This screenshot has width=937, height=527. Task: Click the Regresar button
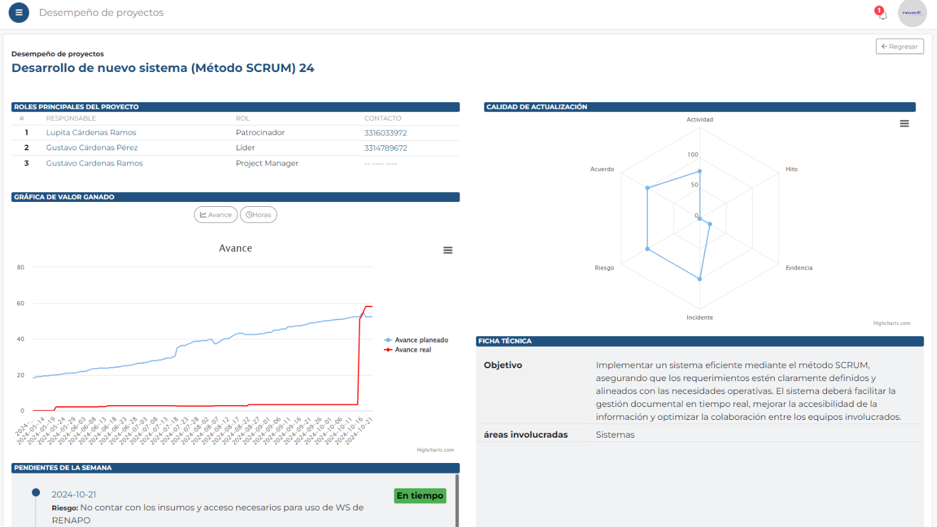click(x=899, y=46)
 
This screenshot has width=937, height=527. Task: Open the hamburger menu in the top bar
click(x=19, y=12)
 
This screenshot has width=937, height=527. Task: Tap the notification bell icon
click(x=882, y=14)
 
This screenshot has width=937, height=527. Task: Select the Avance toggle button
click(x=216, y=215)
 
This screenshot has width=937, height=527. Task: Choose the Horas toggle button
click(x=258, y=215)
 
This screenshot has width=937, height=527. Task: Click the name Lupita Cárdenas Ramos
click(x=91, y=132)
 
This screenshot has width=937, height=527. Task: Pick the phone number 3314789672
click(x=386, y=148)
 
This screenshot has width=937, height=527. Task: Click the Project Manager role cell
click(x=267, y=163)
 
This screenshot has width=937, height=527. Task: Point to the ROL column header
click(x=242, y=118)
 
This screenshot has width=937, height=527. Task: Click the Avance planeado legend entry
click(x=421, y=340)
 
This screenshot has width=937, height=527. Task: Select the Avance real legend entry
click(x=412, y=350)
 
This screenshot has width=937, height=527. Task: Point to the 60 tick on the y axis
click(x=21, y=304)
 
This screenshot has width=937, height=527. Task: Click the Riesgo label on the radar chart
click(x=604, y=268)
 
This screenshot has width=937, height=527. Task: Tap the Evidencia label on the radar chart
click(x=799, y=268)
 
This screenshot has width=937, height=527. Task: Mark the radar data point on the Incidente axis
click(x=700, y=279)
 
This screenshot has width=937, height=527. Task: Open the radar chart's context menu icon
click(x=904, y=124)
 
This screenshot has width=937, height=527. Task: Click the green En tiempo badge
click(x=420, y=496)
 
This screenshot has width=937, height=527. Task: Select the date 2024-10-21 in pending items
click(x=74, y=494)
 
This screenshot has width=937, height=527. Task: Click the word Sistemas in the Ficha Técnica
click(x=615, y=435)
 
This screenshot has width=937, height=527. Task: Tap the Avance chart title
click(x=236, y=248)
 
